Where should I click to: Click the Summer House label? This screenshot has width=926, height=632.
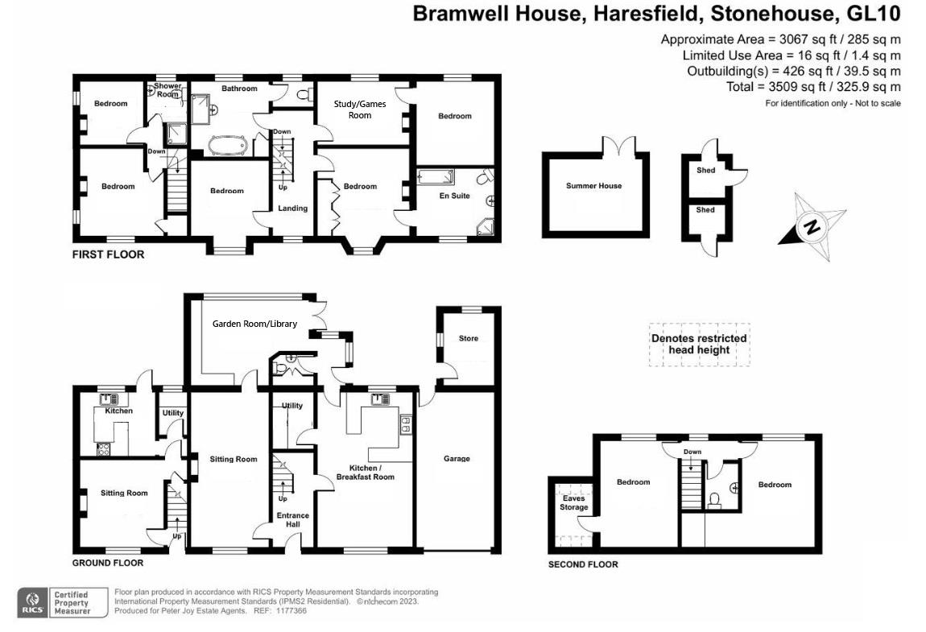(x=593, y=186)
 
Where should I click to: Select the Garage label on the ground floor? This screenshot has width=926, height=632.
(x=457, y=459)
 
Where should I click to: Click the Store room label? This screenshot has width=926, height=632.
(x=468, y=338)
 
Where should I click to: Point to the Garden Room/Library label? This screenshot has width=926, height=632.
(x=254, y=324)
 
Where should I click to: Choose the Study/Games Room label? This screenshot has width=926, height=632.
(x=360, y=109)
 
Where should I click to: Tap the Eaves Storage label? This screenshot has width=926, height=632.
(x=574, y=502)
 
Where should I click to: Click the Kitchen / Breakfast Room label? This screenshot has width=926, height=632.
(x=366, y=472)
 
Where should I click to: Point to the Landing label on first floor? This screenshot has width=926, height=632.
(x=292, y=209)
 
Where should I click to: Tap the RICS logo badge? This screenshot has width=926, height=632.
(x=33, y=602)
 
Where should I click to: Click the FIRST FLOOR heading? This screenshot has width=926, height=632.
(x=109, y=254)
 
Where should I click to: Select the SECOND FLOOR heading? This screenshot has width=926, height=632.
(x=583, y=564)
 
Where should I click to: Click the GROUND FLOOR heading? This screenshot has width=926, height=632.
(x=108, y=563)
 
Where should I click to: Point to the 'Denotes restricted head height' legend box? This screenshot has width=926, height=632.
(x=699, y=345)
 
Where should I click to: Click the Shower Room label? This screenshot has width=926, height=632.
(x=167, y=90)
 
